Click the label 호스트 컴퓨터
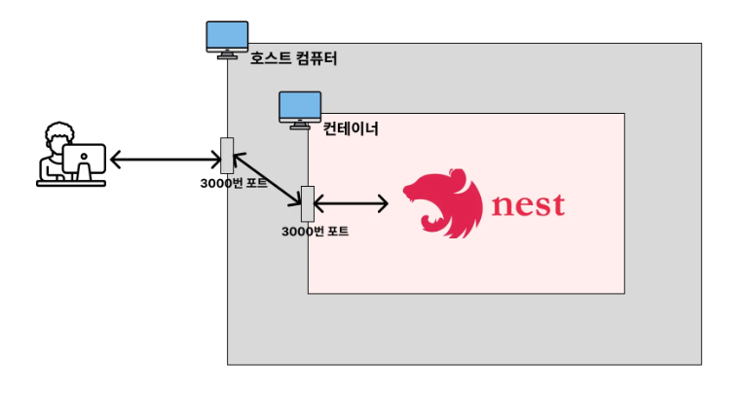293,58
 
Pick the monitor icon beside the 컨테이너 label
300,109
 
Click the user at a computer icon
71,155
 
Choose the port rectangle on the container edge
308,203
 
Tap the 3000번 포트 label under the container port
315,232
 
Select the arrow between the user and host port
166,158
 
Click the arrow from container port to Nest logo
351,204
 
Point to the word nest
529,206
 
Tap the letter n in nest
504,207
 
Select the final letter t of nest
557,205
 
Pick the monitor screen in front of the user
86,159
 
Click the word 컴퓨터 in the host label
315,58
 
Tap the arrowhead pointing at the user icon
115,158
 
